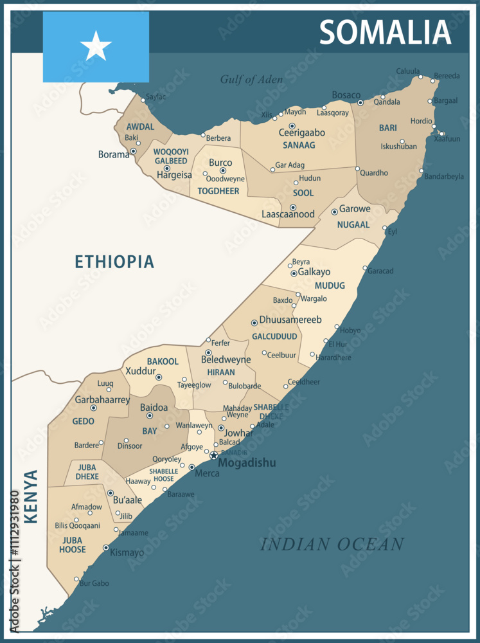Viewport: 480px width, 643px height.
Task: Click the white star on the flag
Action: point(96,46)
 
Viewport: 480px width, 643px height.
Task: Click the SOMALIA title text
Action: point(385,32)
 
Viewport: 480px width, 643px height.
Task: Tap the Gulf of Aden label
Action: point(251,80)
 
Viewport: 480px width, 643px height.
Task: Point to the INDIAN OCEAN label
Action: point(332,545)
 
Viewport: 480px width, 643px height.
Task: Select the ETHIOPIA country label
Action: point(114,262)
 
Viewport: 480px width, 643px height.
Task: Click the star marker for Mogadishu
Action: point(214,455)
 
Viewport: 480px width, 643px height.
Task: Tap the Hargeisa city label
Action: point(174,175)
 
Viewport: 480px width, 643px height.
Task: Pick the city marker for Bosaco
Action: point(360,103)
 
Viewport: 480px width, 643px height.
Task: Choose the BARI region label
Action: point(387,128)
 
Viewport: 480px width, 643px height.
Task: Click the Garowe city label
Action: point(355,209)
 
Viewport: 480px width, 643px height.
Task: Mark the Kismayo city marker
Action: point(106,548)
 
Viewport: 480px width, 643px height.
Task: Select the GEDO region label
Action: point(84,421)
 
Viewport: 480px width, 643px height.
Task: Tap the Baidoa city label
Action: point(154,408)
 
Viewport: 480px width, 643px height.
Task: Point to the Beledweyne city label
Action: point(226,360)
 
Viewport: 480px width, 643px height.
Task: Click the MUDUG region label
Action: point(330,285)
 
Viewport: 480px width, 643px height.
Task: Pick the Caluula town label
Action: point(408,71)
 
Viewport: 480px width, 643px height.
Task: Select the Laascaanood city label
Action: point(288,215)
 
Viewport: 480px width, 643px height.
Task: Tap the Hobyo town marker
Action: point(337,327)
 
